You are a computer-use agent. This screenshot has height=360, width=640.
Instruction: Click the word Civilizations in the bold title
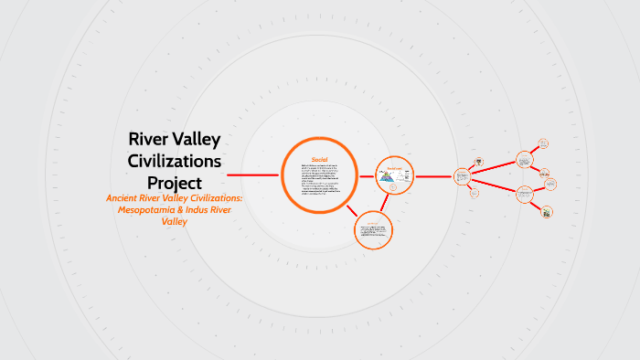[175, 160]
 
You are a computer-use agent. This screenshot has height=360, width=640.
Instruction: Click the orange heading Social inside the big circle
[320, 157]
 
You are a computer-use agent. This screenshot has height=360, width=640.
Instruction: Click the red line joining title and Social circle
[252, 175]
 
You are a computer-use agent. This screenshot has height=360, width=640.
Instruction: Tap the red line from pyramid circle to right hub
[435, 174]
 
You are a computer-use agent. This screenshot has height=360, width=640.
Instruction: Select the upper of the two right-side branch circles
[524, 159]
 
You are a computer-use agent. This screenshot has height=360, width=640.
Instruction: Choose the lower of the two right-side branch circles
[524, 194]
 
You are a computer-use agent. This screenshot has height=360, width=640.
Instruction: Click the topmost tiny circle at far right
[544, 143]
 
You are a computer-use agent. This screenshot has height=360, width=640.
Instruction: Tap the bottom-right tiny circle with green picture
[546, 212]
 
